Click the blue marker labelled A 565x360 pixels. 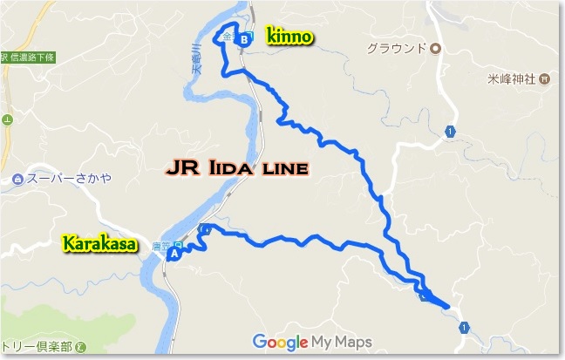point(174,255)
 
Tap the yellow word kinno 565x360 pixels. point(289,38)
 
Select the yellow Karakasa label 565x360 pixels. point(100,245)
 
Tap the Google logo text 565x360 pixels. point(282,342)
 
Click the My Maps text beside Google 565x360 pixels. point(344,342)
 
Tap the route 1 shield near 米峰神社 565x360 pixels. point(450,132)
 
